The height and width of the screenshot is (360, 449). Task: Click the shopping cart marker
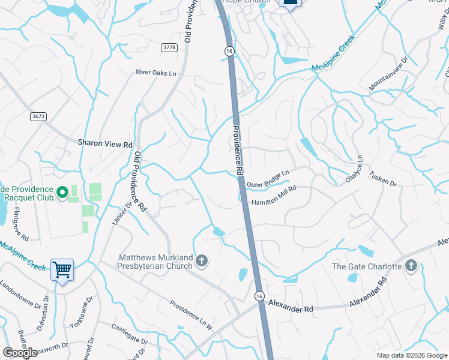click(62, 270)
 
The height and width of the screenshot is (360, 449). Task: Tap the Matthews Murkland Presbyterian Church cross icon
click(202, 260)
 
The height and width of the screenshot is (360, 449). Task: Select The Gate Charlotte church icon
click(411, 266)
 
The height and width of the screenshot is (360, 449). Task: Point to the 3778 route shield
click(169, 47)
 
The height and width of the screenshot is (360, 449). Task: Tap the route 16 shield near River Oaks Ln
click(229, 52)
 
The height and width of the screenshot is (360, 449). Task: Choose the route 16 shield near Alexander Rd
click(259, 296)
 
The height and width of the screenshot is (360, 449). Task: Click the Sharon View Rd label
click(105, 144)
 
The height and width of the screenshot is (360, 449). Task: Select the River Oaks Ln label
click(156, 73)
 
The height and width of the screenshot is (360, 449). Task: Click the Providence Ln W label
click(191, 315)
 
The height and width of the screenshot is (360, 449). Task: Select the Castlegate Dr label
click(129, 334)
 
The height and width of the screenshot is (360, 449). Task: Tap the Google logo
click(20, 352)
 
